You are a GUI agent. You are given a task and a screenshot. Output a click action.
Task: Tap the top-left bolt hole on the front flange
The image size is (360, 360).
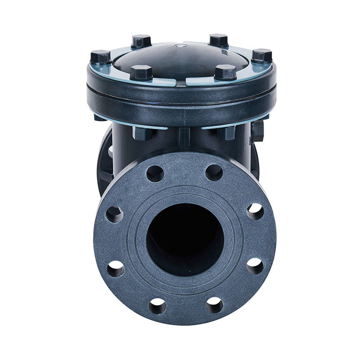pos(155,173)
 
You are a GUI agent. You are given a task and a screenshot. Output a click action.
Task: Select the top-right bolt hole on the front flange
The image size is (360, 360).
pos(214,172)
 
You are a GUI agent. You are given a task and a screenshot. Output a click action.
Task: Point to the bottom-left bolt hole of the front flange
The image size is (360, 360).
pos(157,306)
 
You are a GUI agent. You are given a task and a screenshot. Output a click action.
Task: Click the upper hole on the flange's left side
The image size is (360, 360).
pos(114,214)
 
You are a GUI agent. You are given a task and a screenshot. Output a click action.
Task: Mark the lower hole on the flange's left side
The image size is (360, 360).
pos(116,269)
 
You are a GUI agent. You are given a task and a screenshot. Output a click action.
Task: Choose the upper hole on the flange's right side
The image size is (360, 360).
pos(255,211)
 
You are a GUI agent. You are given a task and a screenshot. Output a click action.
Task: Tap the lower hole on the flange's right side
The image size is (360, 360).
pos(255,266)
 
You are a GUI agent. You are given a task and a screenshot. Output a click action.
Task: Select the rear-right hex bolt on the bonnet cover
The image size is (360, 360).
pos(219,40)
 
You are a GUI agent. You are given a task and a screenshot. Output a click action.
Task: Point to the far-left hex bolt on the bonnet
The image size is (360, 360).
pos(100,57)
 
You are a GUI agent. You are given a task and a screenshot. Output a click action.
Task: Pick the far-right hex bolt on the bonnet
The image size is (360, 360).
pos(261,56)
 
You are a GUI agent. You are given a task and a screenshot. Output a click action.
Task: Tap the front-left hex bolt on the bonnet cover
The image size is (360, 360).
pos(140,72)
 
